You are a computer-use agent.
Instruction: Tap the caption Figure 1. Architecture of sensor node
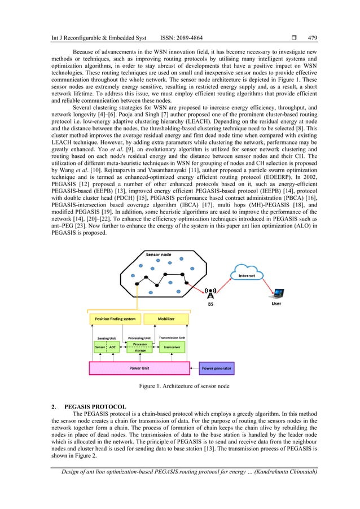tap(179, 386)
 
